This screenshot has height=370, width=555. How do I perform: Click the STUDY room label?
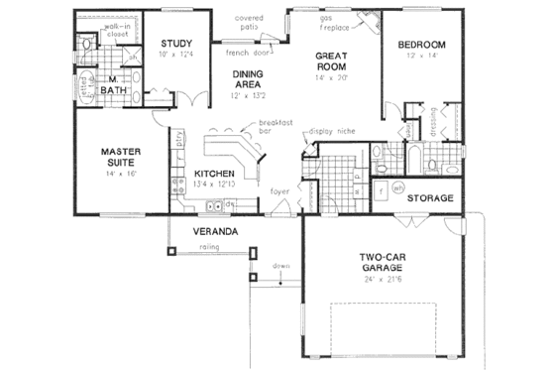tap(175, 43)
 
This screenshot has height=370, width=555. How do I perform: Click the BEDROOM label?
tap(422, 45)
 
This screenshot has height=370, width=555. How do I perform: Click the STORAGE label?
tap(430, 197)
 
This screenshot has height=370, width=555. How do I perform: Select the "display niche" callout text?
tap(331, 130)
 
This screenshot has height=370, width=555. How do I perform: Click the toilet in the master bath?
tap(86, 45)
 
